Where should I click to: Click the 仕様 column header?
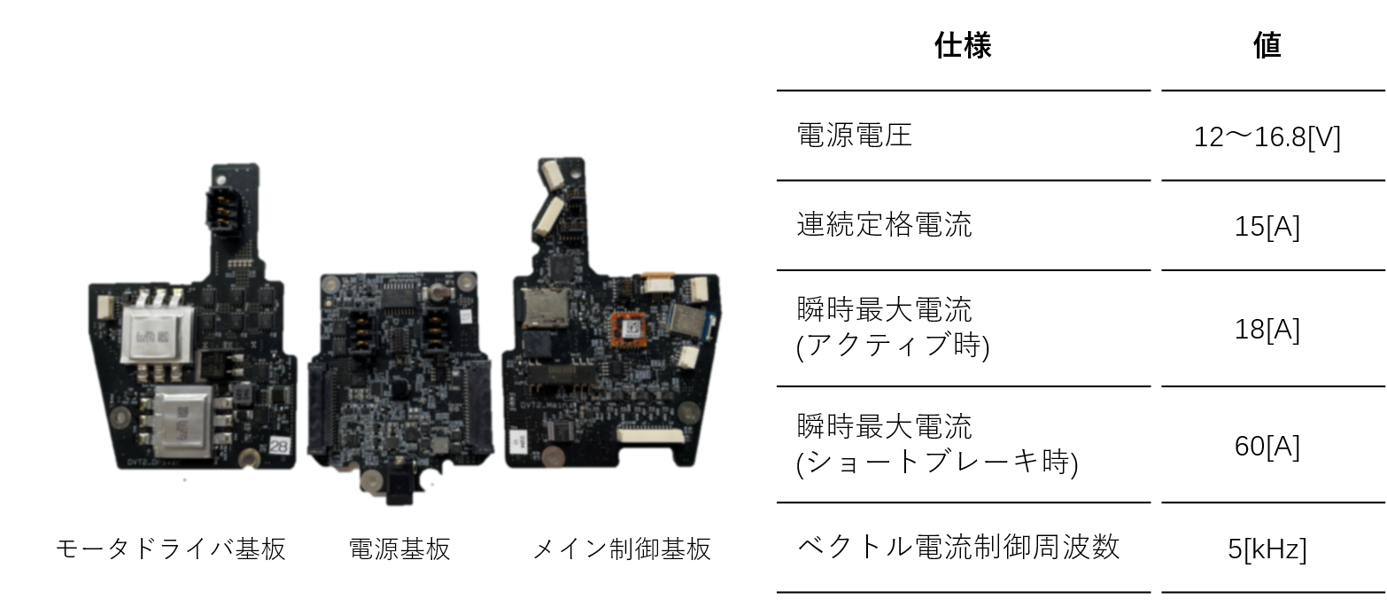tap(963, 45)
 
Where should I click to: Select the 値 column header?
tap(1267, 45)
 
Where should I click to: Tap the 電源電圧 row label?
tap(854, 136)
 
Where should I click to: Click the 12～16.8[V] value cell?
tap(1267, 138)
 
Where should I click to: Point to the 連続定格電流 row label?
tap(883, 224)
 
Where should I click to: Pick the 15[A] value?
tap(1267, 228)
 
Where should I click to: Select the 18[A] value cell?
tap(1267, 330)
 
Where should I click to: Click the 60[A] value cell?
tap(1267, 447)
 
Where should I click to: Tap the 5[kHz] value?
tap(1267, 549)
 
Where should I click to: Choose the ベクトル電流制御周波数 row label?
tap(958, 547)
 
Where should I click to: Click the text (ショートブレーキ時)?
tap(937, 463)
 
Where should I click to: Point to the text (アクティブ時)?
tap(893, 346)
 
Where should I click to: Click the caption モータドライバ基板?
tap(170, 549)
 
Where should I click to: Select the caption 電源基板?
tap(399, 549)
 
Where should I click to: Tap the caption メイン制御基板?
tap(621, 549)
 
